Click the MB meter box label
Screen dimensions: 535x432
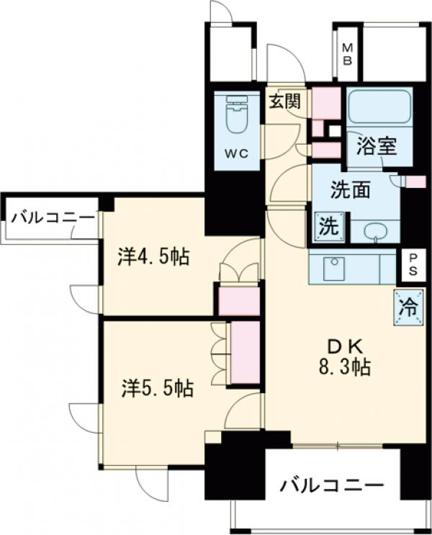[x=347, y=54]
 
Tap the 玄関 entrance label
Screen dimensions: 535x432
[x=284, y=101]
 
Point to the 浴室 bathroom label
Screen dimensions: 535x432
[x=376, y=146]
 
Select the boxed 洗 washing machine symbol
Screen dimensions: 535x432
[x=327, y=227]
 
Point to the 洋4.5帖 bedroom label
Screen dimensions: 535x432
[x=154, y=256]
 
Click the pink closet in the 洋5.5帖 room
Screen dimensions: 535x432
[x=244, y=354]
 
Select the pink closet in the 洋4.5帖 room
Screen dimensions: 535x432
[x=238, y=300]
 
